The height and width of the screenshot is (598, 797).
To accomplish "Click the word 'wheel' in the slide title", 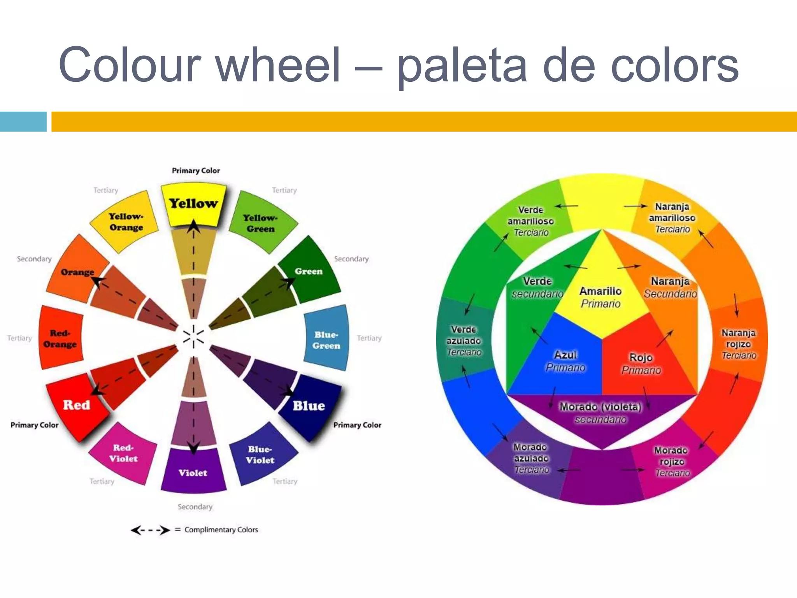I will tap(278, 65).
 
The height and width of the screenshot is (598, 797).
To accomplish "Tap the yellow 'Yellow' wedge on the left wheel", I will tap(193, 204).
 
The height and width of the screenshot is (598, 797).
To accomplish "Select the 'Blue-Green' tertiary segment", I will tap(327, 339).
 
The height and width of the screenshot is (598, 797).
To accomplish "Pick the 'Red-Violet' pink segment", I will tap(123, 453).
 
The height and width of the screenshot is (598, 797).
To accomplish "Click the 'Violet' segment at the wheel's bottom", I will tap(193, 472).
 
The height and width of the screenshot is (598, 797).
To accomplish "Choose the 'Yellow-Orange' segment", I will tap(126, 222).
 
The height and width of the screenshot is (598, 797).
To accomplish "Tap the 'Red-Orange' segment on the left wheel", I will tap(60, 338).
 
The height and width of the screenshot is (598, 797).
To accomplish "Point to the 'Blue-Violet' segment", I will tap(260, 455).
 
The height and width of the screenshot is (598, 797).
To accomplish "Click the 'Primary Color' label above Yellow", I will tap(196, 171).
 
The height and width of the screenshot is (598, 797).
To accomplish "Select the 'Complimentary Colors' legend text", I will tap(221, 529).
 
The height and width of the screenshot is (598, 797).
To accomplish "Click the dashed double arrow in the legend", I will tap(150, 530).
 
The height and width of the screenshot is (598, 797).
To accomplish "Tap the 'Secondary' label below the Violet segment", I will tap(195, 507).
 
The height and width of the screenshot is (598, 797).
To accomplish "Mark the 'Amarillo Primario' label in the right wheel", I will tap(600, 297).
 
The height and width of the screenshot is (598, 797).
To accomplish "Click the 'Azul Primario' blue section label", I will tap(565, 361).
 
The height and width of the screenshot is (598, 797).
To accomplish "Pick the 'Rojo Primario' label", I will tap(641, 363).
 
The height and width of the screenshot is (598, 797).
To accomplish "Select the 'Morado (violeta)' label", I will tap(600, 407).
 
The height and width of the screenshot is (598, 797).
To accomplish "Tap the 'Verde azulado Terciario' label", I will tap(464, 341).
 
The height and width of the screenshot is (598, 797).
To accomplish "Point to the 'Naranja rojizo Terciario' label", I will tap(738, 344).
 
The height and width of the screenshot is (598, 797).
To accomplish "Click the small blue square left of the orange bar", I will tap(23, 121).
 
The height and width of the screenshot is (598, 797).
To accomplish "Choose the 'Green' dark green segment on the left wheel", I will tap(309, 271).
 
